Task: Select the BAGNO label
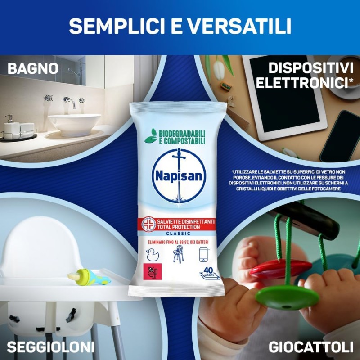click(x=33, y=68)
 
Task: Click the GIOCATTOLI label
click(x=310, y=347)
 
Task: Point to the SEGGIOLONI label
click(x=51, y=347)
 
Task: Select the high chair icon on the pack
click(x=177, y=255)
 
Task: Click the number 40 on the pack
click(x=208, y=270)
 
